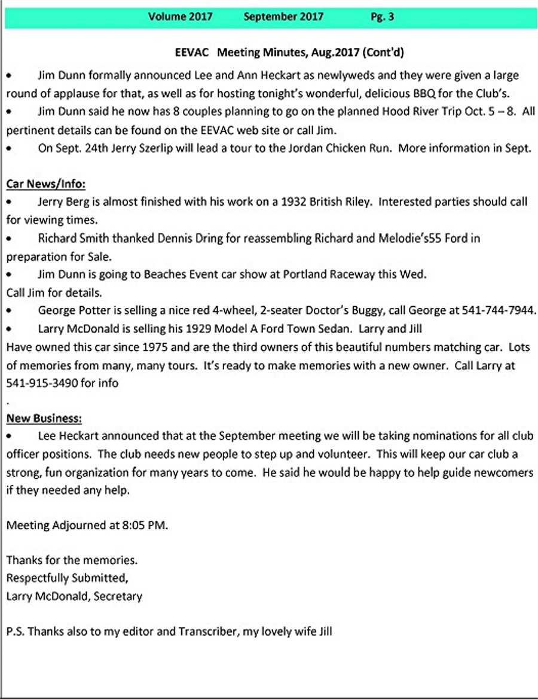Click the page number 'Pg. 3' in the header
pos(382,17)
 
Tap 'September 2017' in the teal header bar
pos(283,17)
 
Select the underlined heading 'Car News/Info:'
pos(46,184)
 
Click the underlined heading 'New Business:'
pos(44,417)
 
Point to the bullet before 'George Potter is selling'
pos(9,311)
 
